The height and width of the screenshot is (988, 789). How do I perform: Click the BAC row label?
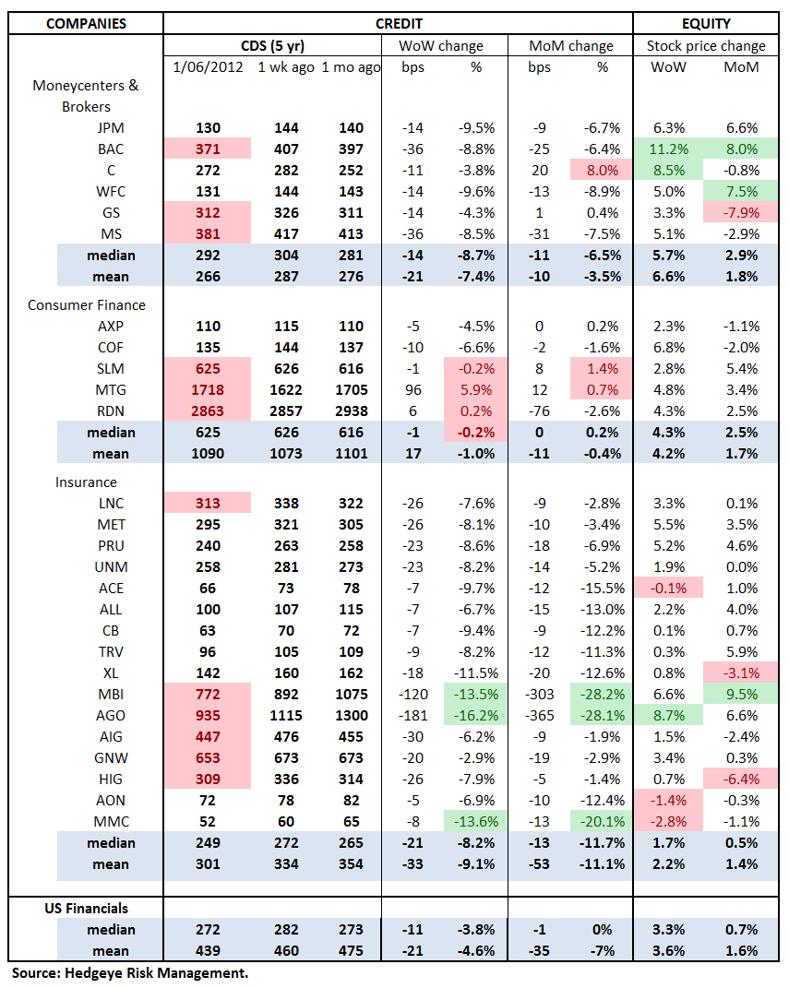click(x=111, y=149)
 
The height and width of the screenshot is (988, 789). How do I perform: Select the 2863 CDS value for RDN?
click(x=208, y=411)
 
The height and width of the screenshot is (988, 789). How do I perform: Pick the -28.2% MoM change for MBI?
click(x=602, y=694)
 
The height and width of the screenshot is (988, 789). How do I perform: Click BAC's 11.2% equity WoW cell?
click(x=669, y=149)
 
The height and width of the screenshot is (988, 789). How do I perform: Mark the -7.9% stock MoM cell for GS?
click(x=742, y=213)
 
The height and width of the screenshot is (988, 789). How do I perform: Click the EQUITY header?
click(x=706, y=24)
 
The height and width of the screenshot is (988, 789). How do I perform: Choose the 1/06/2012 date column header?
click(x=208, y=67)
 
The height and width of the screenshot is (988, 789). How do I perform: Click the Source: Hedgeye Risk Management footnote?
click(x=130, y=972)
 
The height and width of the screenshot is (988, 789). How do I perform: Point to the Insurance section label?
click(x=86, y=482)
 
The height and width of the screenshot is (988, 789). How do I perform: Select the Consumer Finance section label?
click(x=87, y=304)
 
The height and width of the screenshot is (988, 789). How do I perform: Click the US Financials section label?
click(x=87, y=908)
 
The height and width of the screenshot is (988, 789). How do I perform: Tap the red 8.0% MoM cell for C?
click(x=602, y=171)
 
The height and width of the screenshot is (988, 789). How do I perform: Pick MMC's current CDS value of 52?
click(x=208, y=821)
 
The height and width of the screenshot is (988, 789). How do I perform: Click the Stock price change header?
click(x=706, y=45)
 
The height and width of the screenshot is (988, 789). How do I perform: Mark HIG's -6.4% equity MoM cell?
click(x=742, y=779)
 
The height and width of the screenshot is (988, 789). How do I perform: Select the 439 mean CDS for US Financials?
click(x=208, y=950)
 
